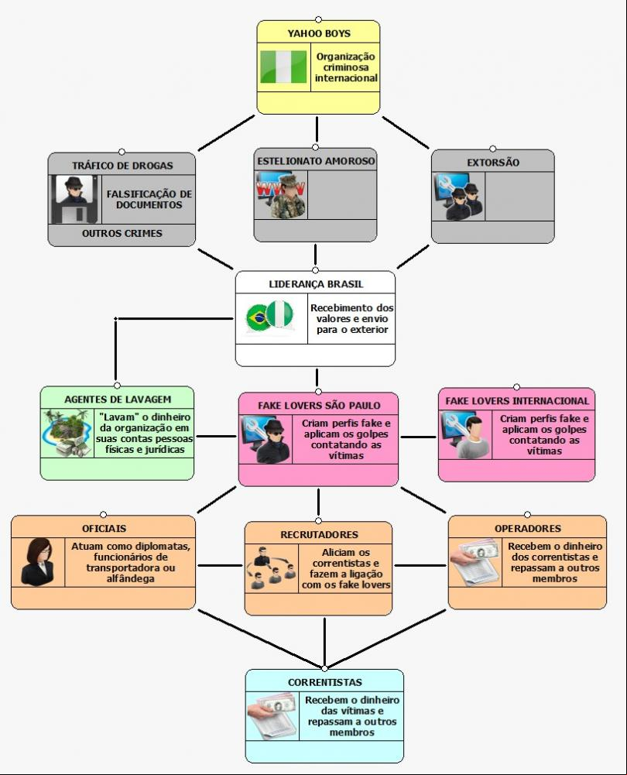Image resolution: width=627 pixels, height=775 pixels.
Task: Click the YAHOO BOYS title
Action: [x=319, y=33]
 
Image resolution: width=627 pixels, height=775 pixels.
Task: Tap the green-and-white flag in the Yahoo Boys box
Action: [x=283, y=67]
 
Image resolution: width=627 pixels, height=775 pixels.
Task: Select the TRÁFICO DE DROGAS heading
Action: [x=122, y=166]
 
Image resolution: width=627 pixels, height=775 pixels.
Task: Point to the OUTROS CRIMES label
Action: [x=122, y=233]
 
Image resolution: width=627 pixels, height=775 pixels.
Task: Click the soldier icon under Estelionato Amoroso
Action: [x=281, y=195]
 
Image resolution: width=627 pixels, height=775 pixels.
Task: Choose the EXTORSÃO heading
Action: [x=493, y=163]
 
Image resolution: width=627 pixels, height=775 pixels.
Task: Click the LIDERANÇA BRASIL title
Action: [x=316, y=284]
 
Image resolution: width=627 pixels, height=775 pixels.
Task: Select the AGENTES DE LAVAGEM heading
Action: [x=118, y=400]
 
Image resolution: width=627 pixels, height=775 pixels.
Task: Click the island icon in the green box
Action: [x=67, y=433]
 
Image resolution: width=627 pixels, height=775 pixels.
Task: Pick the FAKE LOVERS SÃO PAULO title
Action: [x=319, y=406]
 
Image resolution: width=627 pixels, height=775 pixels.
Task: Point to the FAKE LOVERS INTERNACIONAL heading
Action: [x=517, y=401]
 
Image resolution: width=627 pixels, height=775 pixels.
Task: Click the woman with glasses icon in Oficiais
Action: [x=38, y=562]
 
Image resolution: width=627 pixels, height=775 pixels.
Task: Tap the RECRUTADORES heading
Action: [x=319, y=535]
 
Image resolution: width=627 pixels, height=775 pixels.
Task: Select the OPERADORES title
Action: [x=528, y=528]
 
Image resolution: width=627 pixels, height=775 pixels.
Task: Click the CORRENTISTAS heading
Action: [x=324, y=683]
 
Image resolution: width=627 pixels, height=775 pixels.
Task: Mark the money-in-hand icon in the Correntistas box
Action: [x=272, y=715]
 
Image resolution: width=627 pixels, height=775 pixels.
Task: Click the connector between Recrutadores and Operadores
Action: [x=420, y=565]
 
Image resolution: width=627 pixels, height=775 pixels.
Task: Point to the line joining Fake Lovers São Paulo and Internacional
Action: [x=418, y=437]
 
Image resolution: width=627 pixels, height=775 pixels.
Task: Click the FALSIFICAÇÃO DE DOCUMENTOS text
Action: [x=149, y=199]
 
